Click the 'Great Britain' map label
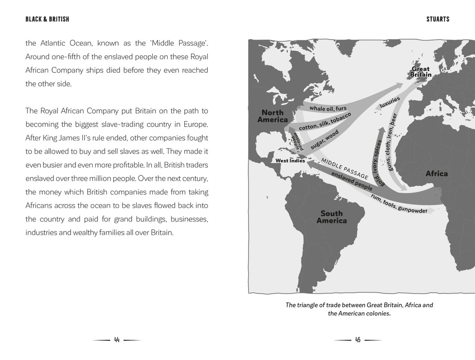point(421,72)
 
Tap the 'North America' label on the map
point(272,116)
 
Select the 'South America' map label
point(332,217)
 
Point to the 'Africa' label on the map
point(436,173)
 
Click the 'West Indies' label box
point(290,160)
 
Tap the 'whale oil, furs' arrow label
point(328,108)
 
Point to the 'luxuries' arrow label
point(389,102)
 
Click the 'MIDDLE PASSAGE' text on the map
point(344,168)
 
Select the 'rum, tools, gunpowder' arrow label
point(399,204)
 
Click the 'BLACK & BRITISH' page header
point(47,19)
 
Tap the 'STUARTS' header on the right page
point(437,19)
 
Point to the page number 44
point(117,340)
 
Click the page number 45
point(358,340)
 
